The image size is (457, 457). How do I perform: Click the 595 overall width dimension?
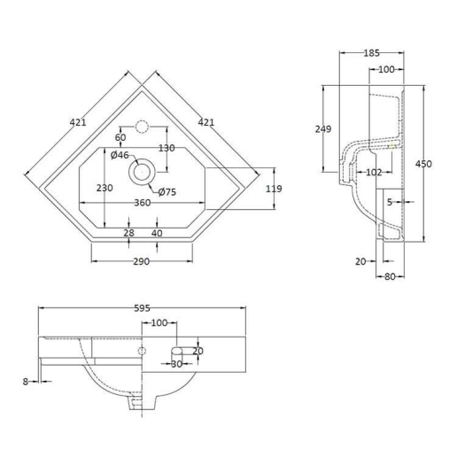coord(141,309)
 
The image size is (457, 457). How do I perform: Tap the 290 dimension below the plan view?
coord(141,261)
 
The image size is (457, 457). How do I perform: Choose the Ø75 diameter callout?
coord(166,192)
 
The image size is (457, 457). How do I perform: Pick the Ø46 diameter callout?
coord(120,155)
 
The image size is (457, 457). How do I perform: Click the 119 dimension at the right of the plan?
coord(273,188)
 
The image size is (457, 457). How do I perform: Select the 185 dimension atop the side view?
coord(372,53)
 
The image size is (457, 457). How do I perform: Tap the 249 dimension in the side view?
coord(324,129)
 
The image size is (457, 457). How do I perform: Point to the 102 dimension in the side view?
coord(374,173)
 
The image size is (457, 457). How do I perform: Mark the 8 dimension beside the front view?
coord(27,381)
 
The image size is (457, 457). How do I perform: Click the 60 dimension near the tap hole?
coord(120,137)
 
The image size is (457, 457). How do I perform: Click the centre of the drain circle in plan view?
coord(141,171)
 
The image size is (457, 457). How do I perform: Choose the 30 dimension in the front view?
coord(176,364)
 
